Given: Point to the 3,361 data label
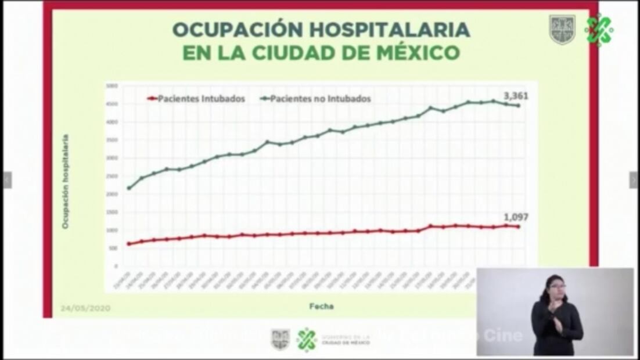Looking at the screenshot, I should click(x=516, y=96).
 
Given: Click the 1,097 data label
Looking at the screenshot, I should click(x=516, y=217).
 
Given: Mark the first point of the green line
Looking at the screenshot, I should click(x=128, y=188).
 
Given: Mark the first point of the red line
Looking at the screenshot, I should click(x=128, y=244).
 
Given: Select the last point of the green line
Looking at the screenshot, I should click(x=518, y=106).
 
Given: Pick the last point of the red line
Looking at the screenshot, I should click(x=518, y=226).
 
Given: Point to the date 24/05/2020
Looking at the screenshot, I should click(x=85, y=308).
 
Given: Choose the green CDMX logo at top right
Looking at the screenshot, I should click(x=599, y=30).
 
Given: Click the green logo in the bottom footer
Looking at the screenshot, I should click(x=306, y=340).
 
